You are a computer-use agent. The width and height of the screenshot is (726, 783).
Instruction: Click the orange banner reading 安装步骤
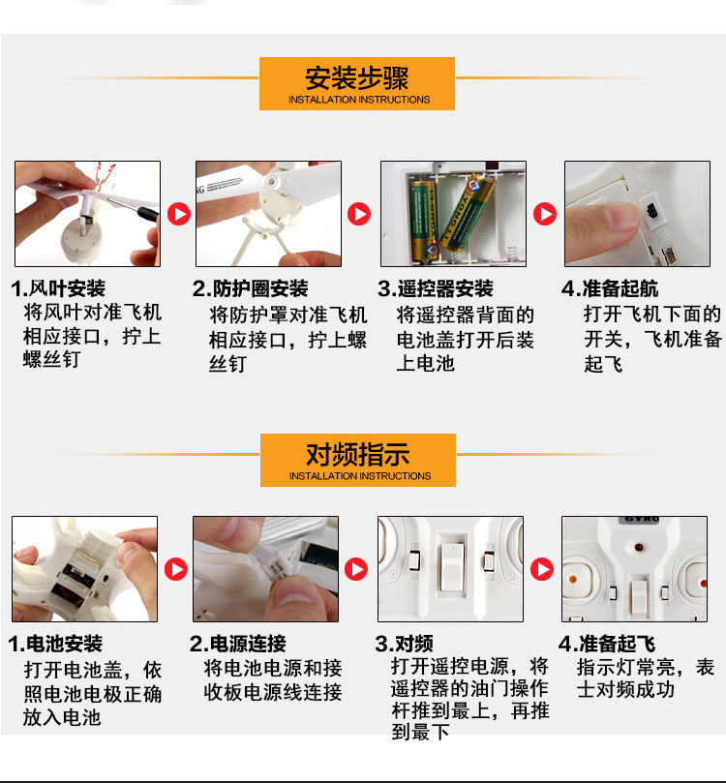(x=357, y=83)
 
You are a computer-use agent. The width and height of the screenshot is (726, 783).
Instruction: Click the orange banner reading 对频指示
(x=358, y=460)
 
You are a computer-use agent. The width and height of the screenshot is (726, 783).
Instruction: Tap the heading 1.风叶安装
(x=58, y=288)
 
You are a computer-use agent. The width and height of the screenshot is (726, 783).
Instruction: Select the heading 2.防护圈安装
(x=250, y=288)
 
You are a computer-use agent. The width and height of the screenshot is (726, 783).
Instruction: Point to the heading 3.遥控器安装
(x=436, y=288)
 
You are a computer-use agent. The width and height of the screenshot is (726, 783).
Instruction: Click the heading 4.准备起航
(x=610, y=288)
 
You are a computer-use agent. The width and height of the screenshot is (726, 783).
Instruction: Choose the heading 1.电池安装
(x=55, y=644)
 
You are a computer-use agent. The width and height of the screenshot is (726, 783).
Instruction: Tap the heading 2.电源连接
(x=238, y=644)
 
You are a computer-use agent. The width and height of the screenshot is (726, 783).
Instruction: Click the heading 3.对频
(x=405, y=644)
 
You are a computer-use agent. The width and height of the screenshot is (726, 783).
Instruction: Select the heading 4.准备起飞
(x=607, y=644)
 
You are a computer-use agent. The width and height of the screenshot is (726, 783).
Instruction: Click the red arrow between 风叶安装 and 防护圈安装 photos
(x=179, y=214)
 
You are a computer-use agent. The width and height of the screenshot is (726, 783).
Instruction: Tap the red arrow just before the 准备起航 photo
(x=545, y=214)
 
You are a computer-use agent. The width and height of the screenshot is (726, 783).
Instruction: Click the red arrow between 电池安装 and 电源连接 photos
(x=176, y=569)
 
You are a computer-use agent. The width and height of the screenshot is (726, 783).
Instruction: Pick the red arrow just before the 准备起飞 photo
(x=542, y=569)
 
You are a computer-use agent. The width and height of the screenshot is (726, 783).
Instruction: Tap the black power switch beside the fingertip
(x=651, y=210)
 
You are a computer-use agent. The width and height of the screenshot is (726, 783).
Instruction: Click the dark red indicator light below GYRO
(x=638, y=547)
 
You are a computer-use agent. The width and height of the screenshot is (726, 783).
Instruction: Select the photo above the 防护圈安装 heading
(x=269, y=214)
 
